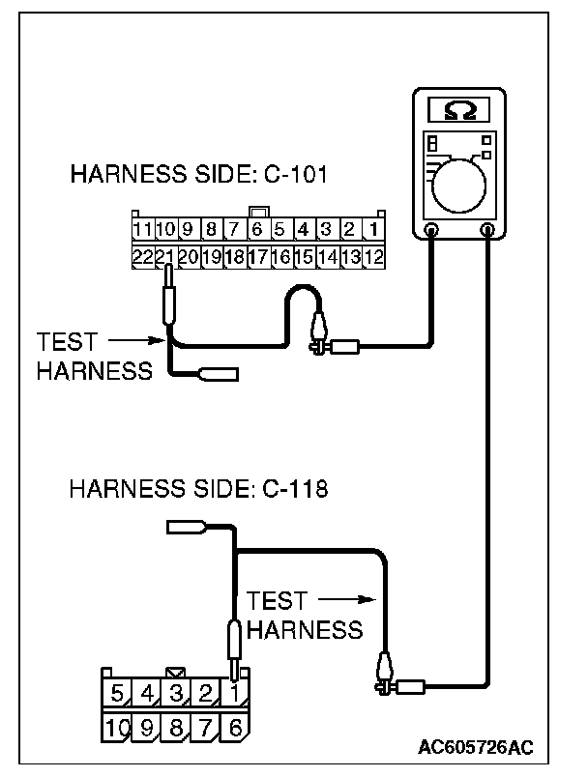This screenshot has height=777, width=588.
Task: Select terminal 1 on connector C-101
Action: tap(372, 231)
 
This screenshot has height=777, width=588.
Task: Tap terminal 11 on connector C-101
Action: tap(142, 231)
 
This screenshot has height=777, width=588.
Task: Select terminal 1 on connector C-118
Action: tap(233, 693)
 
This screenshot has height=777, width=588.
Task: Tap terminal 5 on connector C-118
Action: tap(117, 693)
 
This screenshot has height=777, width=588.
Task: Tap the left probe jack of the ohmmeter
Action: tap(431, 230)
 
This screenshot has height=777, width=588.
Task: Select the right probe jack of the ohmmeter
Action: tap(488, 230)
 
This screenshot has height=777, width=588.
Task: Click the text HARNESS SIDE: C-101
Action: tap(199, 176)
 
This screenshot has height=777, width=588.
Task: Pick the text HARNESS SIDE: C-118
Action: tap(198, 488)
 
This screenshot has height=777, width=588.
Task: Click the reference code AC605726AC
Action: tap(475, 748)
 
